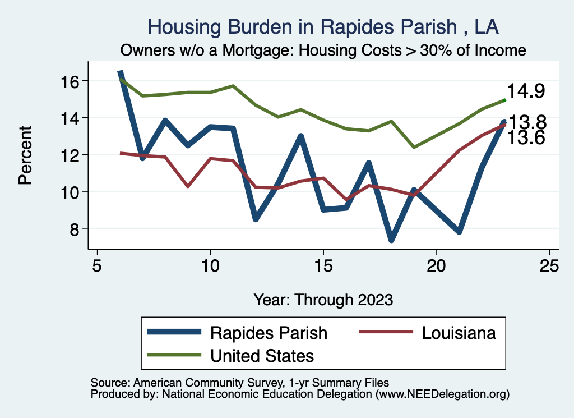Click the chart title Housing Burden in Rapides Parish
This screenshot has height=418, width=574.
tap(323, 26)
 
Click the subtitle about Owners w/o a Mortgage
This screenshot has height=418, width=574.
tap(323, 50)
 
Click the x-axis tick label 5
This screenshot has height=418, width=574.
tap(98, 265)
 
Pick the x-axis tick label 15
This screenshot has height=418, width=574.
tap(323, 265)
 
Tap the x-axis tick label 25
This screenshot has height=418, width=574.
tap(549, 265)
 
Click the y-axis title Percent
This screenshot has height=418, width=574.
tap(25, 155)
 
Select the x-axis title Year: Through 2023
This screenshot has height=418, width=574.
tap(323, 300)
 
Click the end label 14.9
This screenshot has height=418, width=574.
tap(526, 91)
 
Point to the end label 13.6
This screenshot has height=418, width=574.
tap(526, 138)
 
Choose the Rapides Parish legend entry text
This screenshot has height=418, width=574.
tap(269, 333)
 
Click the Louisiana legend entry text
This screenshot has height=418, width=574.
tap(458, 333)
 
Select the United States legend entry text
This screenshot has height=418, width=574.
tap(262, 355)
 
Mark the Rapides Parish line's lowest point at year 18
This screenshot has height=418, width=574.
tap(391, 239)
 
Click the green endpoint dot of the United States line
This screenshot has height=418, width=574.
tap(504, 100)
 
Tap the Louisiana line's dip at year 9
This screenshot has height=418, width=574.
tap(188, 186)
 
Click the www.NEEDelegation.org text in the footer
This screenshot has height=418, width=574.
tap(442, 394)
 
